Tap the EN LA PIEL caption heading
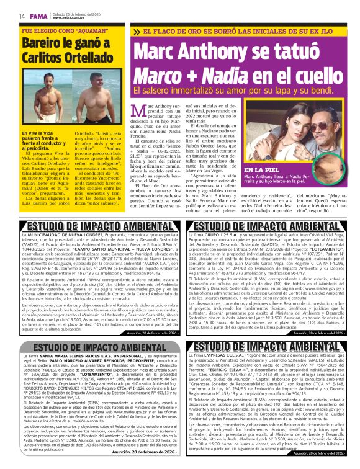tap(263, 169)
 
